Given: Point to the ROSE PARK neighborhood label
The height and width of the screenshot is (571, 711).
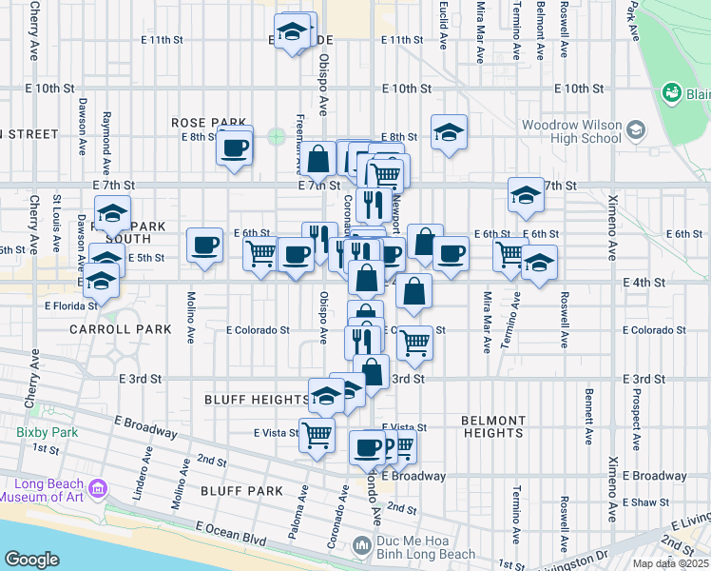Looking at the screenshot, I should pyautogui.click(x=208, y=123).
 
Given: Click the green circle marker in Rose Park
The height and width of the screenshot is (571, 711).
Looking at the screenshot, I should pyautogui.click(x=276, y=136).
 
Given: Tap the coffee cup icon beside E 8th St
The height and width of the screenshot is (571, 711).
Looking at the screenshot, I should pyautogui.click(x=234, y=147).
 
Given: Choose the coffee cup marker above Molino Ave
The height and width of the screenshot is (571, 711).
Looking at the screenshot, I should pyautogui.click(x=203, y=246).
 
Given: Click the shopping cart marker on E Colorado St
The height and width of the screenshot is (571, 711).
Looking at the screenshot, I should pyautogui.click(x=413, y=342).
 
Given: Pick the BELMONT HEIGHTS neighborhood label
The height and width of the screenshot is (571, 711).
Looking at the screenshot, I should pyautogui.click(x=492, y=426).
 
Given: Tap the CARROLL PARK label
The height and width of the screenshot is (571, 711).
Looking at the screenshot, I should pyautogui.click(x=120, y=329).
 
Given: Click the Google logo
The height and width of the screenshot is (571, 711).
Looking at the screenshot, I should pyautogui.click(x=31, y=559).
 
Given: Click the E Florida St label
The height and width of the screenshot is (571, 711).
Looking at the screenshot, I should pyautogui.click(x=69, y=305).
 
